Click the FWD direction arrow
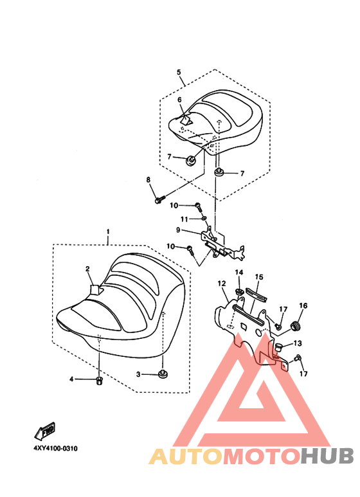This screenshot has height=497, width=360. click(x=45, y=431)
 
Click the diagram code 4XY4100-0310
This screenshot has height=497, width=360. click(x=55, y=449)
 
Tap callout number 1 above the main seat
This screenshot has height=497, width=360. click(x=108, y=231)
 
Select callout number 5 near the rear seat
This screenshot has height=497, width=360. click(x=179, y=72)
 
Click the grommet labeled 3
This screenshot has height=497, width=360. click(x=163, y=374)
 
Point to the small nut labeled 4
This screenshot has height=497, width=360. click(x=99, y=380)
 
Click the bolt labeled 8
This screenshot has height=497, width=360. click(x=160, y=199)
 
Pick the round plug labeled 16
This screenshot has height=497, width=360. click(x=296, y=325)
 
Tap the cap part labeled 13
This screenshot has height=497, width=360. click(x=278, y=347)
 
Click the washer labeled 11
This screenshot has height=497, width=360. click(x=204, y=218)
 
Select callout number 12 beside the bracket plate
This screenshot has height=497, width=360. click(x=222, y=284)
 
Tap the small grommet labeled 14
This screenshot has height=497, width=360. click(x=239, y=291)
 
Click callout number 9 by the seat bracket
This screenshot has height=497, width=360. click(x=178, y=230)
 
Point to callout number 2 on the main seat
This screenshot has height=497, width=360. click(x=87, y=269)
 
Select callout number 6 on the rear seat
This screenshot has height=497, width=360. click(x=180, y=100)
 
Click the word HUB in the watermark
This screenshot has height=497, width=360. click(x=327, y=455)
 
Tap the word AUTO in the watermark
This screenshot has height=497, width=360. click(x=186, y=456)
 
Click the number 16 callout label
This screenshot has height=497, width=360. click(x=303, y=306)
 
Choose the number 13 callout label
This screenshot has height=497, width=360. click(x=298, y=343)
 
